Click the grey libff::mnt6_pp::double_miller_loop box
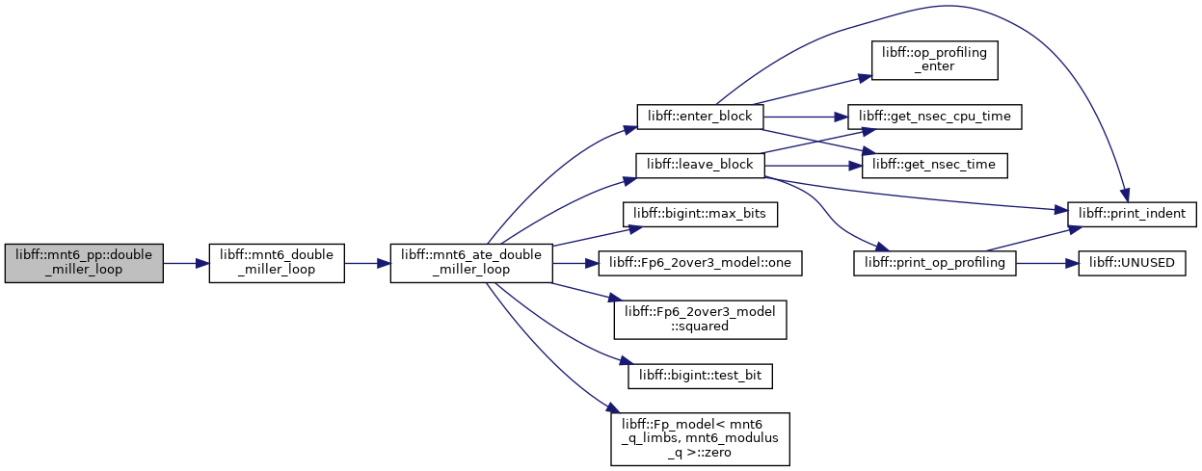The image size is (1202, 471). (84, 263)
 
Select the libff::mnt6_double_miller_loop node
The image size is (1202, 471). (277, 263)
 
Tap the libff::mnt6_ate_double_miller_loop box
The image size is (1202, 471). (471, 263)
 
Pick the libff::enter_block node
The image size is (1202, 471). (700, 117)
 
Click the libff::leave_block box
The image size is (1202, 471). (700, 166)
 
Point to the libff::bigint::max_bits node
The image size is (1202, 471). (700, 215)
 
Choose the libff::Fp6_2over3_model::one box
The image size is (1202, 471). (700, 263)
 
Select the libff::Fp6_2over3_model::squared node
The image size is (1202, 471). (700, 320)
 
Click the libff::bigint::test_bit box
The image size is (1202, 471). (700, 376)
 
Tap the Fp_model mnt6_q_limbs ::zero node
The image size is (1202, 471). (700, 439)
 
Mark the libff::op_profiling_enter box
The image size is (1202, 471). (934, 60)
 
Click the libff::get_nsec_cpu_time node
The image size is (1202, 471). (934, 117)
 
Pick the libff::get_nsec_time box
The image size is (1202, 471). (934, 166)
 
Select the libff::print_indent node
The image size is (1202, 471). (1132, 215)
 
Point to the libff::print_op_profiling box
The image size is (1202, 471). (934, 263)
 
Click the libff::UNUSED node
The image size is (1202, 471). (1132, 263)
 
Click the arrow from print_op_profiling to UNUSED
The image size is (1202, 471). (1047, 263)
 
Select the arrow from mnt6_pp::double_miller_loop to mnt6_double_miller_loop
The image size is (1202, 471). (186, 263)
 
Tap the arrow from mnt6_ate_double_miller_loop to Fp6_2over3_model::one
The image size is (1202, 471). (575, 263)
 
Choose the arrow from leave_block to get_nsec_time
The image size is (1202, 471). (813, 167)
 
